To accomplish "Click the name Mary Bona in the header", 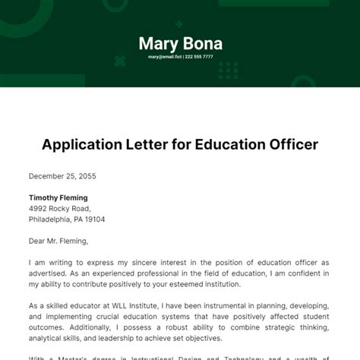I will (x=180, y=43).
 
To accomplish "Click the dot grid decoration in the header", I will (x=228, y=71).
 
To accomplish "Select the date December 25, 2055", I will (x=63, y=175).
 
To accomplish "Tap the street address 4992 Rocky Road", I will (x=59, y=208).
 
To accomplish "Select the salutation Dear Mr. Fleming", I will (x=58, y=242).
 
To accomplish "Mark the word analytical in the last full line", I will (x=50, y=338).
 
